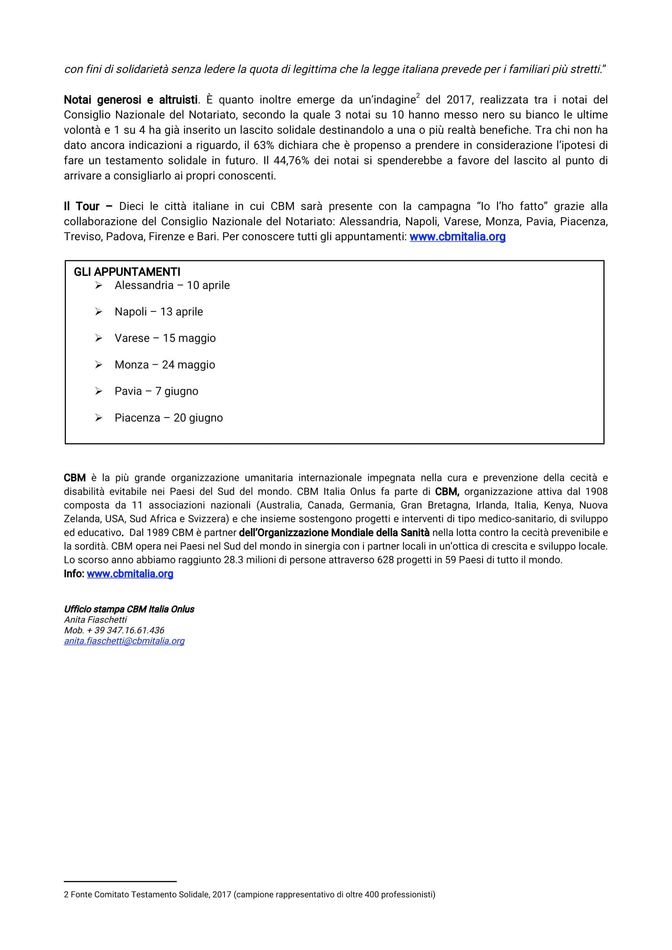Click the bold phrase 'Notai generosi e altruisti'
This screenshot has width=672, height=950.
130,100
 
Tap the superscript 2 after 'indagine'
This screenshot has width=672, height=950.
418,96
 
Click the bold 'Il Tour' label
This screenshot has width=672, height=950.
82,206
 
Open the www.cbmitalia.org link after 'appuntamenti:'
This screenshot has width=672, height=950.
457,237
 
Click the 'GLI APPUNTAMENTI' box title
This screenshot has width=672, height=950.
127,272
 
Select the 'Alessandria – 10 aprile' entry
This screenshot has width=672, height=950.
172,285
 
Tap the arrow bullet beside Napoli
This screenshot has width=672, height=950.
98,311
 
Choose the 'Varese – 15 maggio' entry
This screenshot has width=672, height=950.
165,338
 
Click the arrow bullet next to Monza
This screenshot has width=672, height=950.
98,365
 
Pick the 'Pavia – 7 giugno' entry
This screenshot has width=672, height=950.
157,391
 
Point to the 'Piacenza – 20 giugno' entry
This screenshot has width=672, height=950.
168,417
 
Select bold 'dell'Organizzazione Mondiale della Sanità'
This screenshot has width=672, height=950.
334,533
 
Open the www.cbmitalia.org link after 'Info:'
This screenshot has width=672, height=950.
130,574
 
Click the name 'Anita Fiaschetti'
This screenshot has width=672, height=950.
95,620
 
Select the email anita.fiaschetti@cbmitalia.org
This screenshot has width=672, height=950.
124,641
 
